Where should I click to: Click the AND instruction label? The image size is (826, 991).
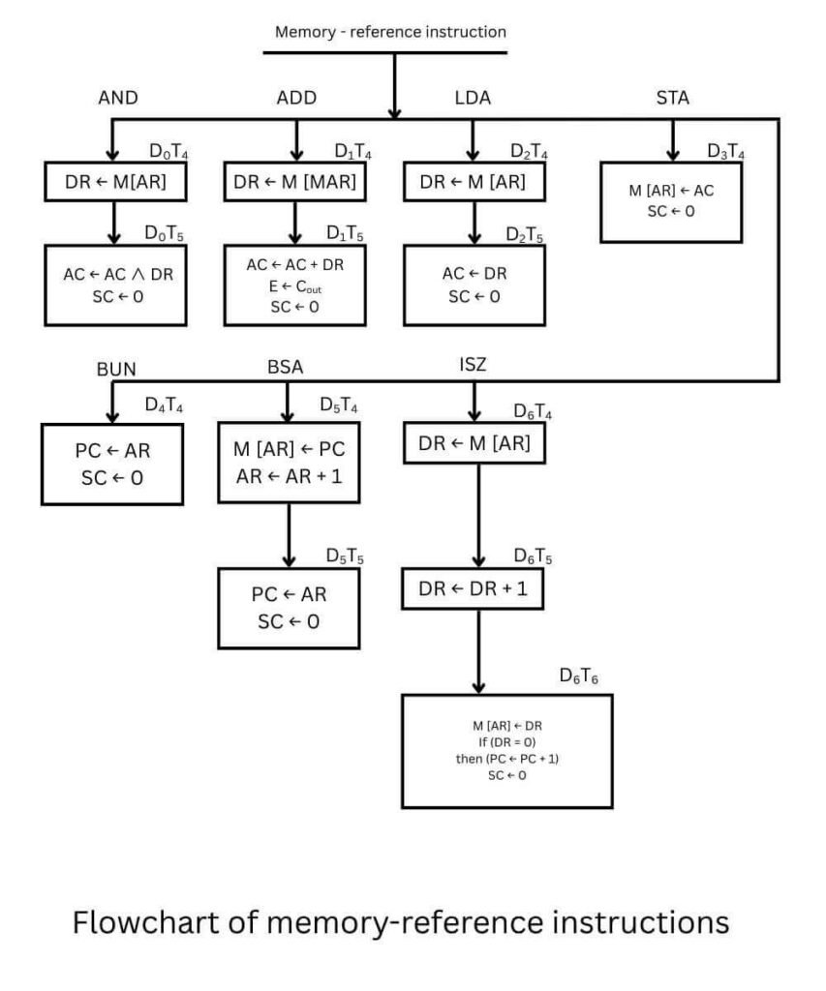click(119, 98)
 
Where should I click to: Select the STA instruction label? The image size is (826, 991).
click(673, 97)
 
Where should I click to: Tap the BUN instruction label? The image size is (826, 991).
click(116, 369)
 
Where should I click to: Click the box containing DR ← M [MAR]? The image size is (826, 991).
click(295, 182)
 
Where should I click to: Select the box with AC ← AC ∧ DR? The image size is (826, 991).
click(115, 284)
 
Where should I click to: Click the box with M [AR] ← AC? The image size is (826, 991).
click(671, 200)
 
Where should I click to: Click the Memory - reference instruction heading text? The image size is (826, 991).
click(390, 32)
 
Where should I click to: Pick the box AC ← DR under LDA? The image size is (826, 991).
click(474, 284)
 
